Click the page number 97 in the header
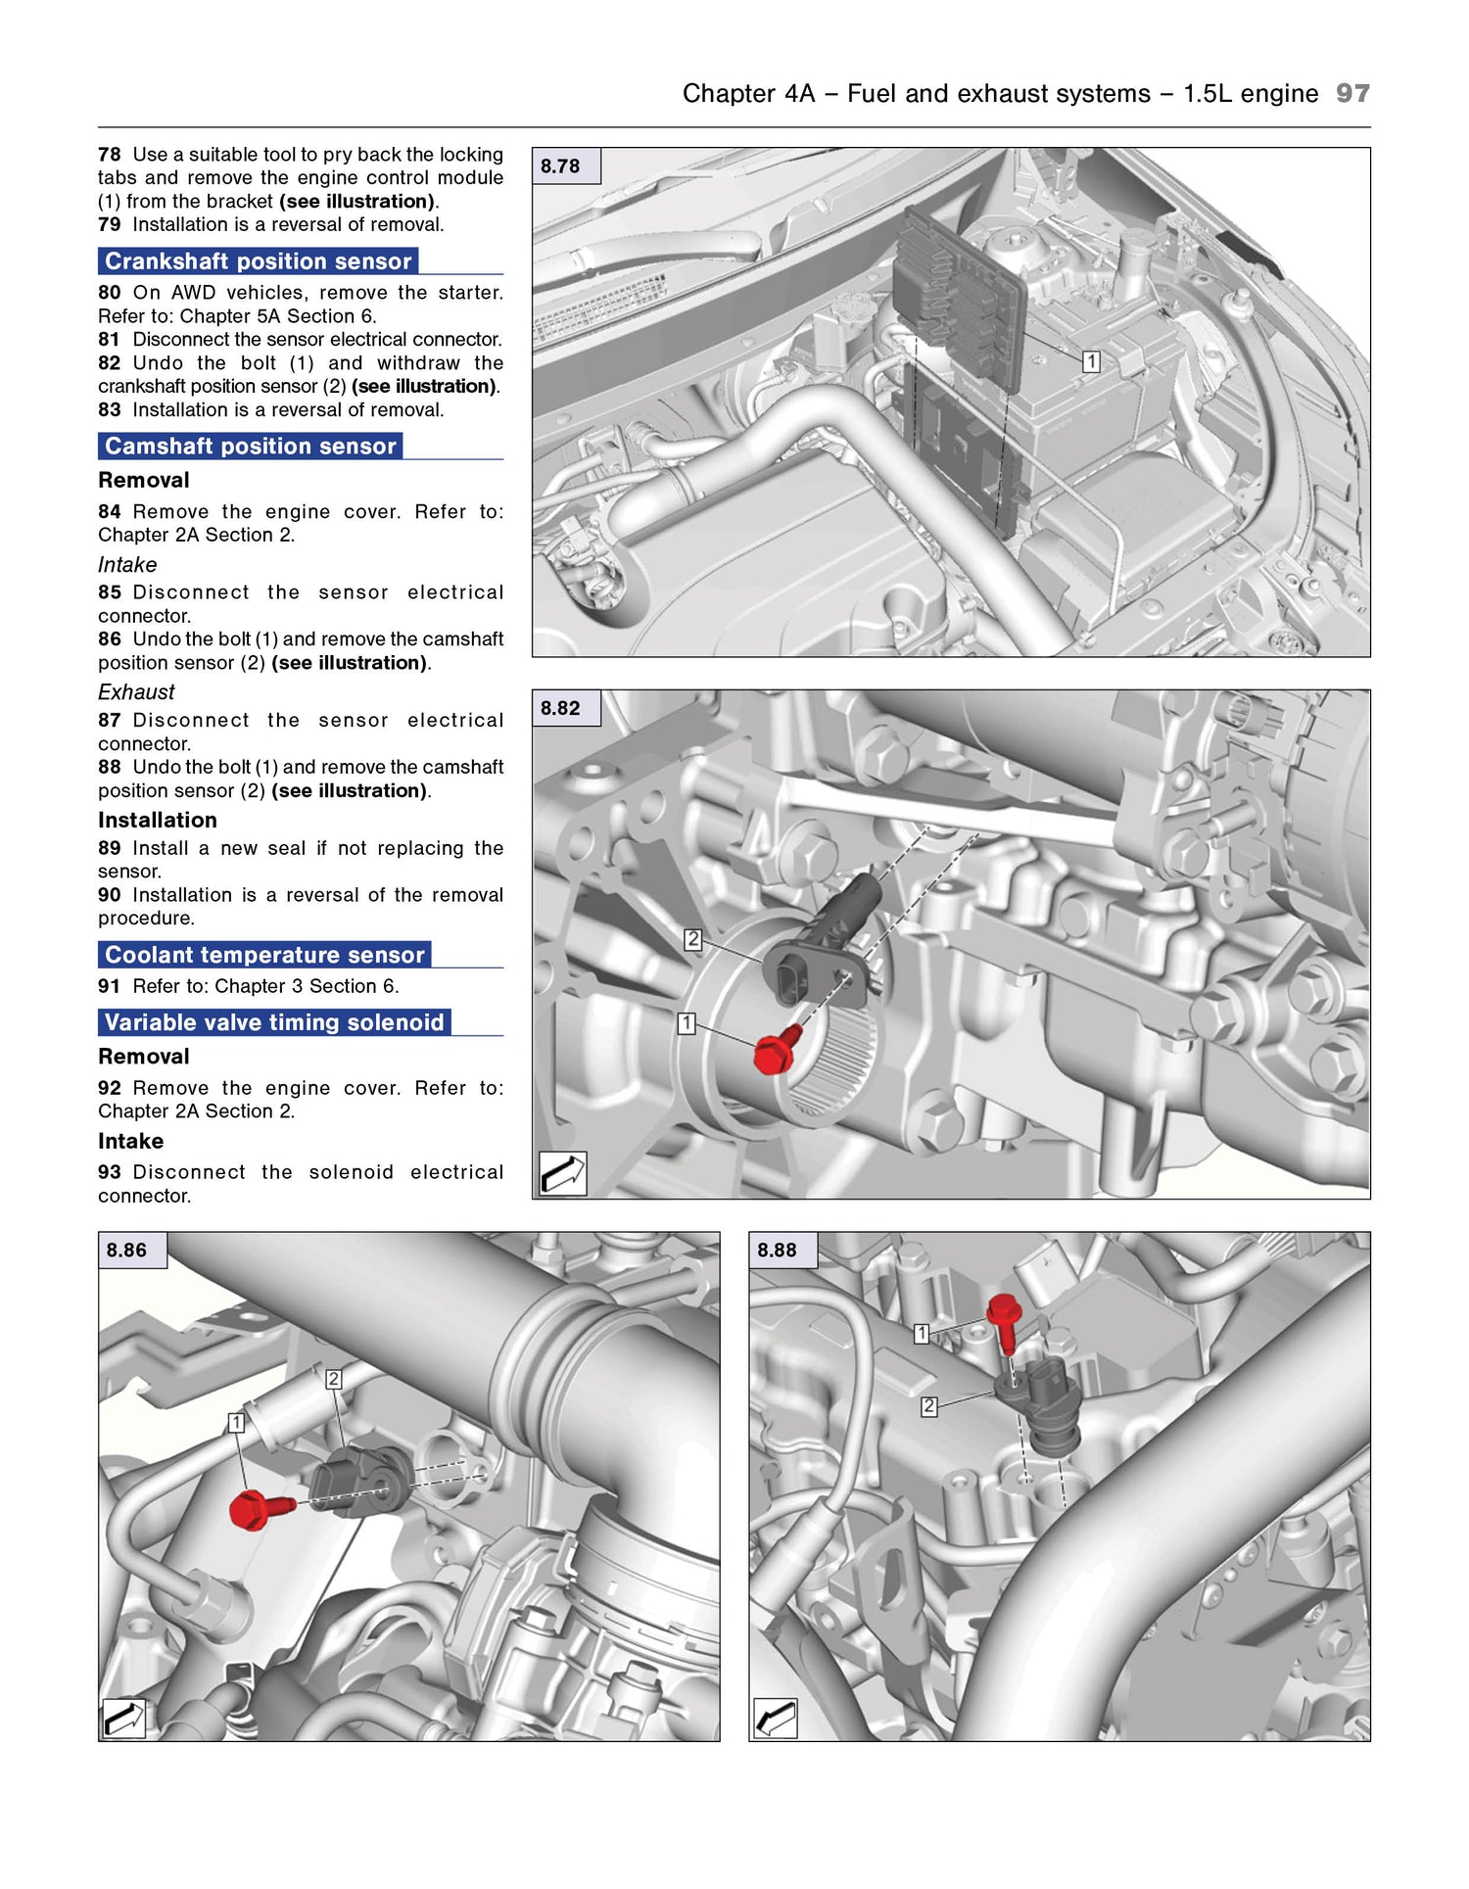click(1352, 93)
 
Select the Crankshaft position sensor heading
click(258, 261)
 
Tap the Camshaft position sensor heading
click(250, 447)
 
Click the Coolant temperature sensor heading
click(264, 955)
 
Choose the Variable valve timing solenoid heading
click(274, 1022)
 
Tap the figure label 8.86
click(126, 1251)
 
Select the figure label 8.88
click(777, 1251)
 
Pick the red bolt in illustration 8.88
click(1004, 1312)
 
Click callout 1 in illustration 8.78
click(1091, 361)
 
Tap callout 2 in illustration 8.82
click(693, 939)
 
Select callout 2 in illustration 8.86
click(333, 1379)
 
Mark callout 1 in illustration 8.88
click(921, 1333)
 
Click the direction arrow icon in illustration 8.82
click(563, 1173)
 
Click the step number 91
click(109, 986)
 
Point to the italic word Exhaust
click(136, 692)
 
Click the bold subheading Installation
click(158, 821)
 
